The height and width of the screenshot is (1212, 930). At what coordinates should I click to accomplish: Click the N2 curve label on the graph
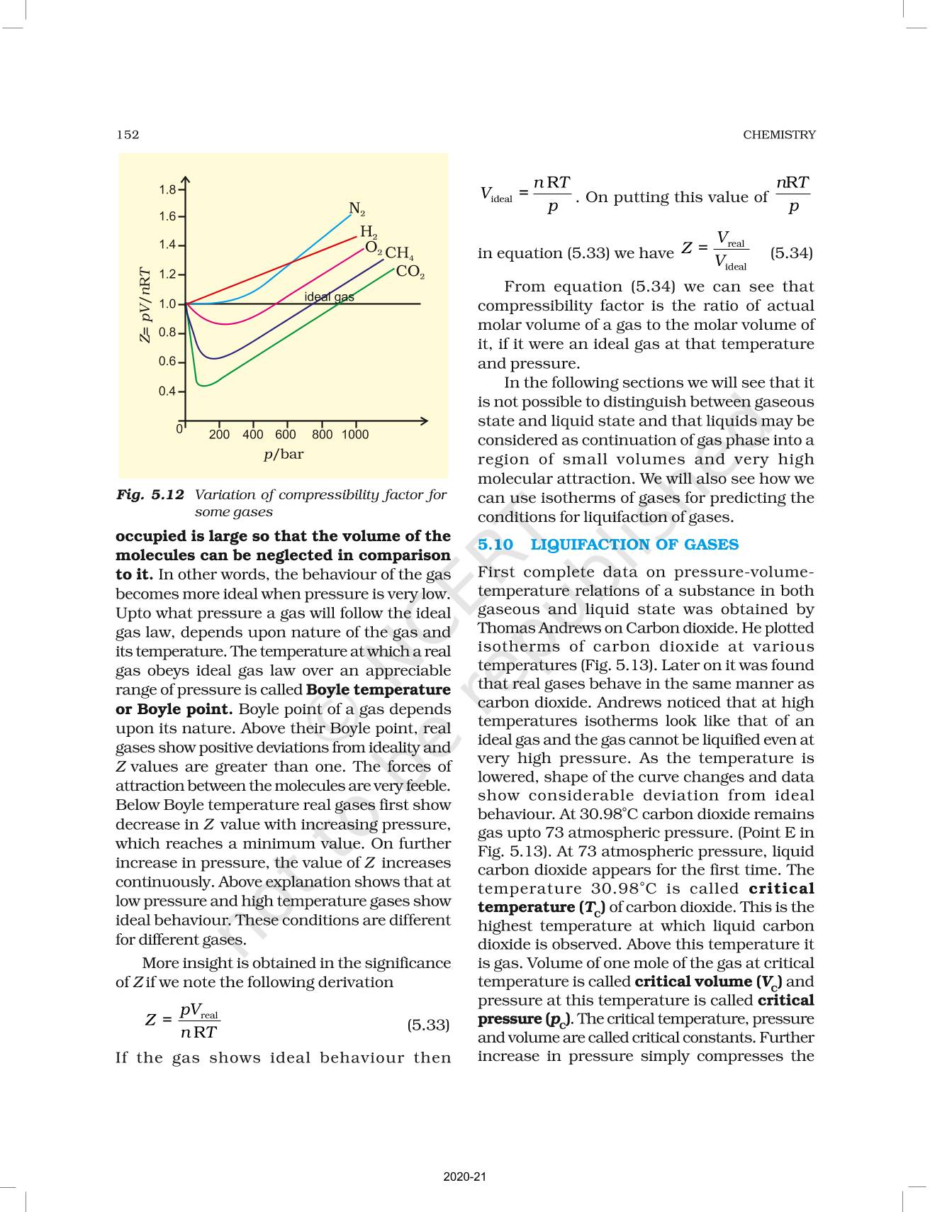(x=357, y=209)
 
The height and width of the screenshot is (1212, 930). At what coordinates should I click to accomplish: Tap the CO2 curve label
(x=410, y=271)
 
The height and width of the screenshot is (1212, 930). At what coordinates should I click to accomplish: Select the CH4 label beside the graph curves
(x=399, y=252)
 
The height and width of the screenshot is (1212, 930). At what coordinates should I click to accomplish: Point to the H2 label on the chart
(x=369, y=231)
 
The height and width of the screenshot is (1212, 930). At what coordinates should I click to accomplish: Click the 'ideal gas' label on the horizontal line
(x=329, y=296)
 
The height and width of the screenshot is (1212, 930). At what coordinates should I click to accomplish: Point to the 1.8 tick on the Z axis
(x=167, y=190)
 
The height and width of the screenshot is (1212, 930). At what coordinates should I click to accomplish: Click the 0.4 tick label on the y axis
(x=167, y=391)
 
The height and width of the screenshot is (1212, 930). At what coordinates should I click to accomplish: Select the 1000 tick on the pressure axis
(x=354, y=435)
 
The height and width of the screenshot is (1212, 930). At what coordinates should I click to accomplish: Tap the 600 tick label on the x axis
(x=286, y=435)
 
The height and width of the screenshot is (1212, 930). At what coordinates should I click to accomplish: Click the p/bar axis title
(x=284, y=454)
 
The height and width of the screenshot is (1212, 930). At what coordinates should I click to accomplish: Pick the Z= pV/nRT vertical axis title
(x=145, y=305)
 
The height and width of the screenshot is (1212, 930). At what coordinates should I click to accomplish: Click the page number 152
(x=128, y=135)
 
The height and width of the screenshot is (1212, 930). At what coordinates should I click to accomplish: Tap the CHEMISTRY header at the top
(x=779, y=135)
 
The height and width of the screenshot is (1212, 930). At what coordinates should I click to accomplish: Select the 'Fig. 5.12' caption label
(x=150, y=495)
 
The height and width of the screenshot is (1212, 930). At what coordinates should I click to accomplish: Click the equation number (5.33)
(x=428, y=1025)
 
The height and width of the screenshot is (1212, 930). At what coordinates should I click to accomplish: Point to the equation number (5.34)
(x=791, y=253)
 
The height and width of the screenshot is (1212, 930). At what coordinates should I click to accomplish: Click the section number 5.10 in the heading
(x=495, y=545)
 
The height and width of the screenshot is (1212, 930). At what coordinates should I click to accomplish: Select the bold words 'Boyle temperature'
(x=379, y=690)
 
